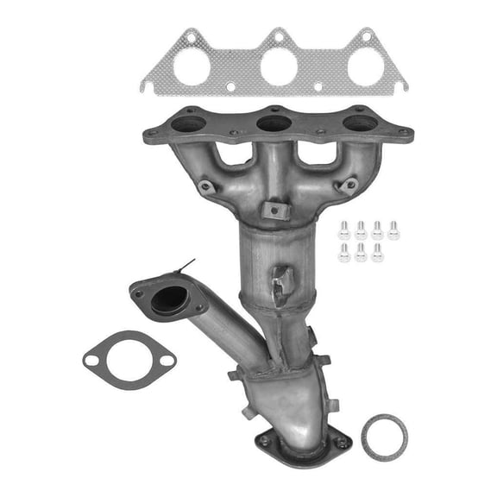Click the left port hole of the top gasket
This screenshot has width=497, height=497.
(x=192, y=67)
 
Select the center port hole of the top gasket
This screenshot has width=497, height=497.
(x=278, y=67)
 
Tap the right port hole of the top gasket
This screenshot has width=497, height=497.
(x=363, y=67)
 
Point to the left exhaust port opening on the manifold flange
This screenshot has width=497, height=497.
(x=189, y=124)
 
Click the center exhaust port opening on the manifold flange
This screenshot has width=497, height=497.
(x=274, y=123)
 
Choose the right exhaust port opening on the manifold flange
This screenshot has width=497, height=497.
(x=360, y=123)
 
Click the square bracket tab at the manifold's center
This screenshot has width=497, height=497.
(x=273, y=209)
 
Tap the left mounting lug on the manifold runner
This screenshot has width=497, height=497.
(x=205, y=186)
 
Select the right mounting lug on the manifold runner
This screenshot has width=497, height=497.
(x=348, y=185)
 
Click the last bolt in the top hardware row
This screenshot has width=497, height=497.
(x=393, y=230)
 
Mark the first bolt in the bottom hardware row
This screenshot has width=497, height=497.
(x=344, y=252)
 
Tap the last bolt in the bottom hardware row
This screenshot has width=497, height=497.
(x=377, y=252)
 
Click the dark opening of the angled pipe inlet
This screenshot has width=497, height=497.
(x=168, y=299)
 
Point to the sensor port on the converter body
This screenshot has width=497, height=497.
(x=282, y=282)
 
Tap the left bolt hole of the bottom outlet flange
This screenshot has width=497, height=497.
(x=263, y=440)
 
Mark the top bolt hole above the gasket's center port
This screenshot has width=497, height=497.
(x=278, y=36)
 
